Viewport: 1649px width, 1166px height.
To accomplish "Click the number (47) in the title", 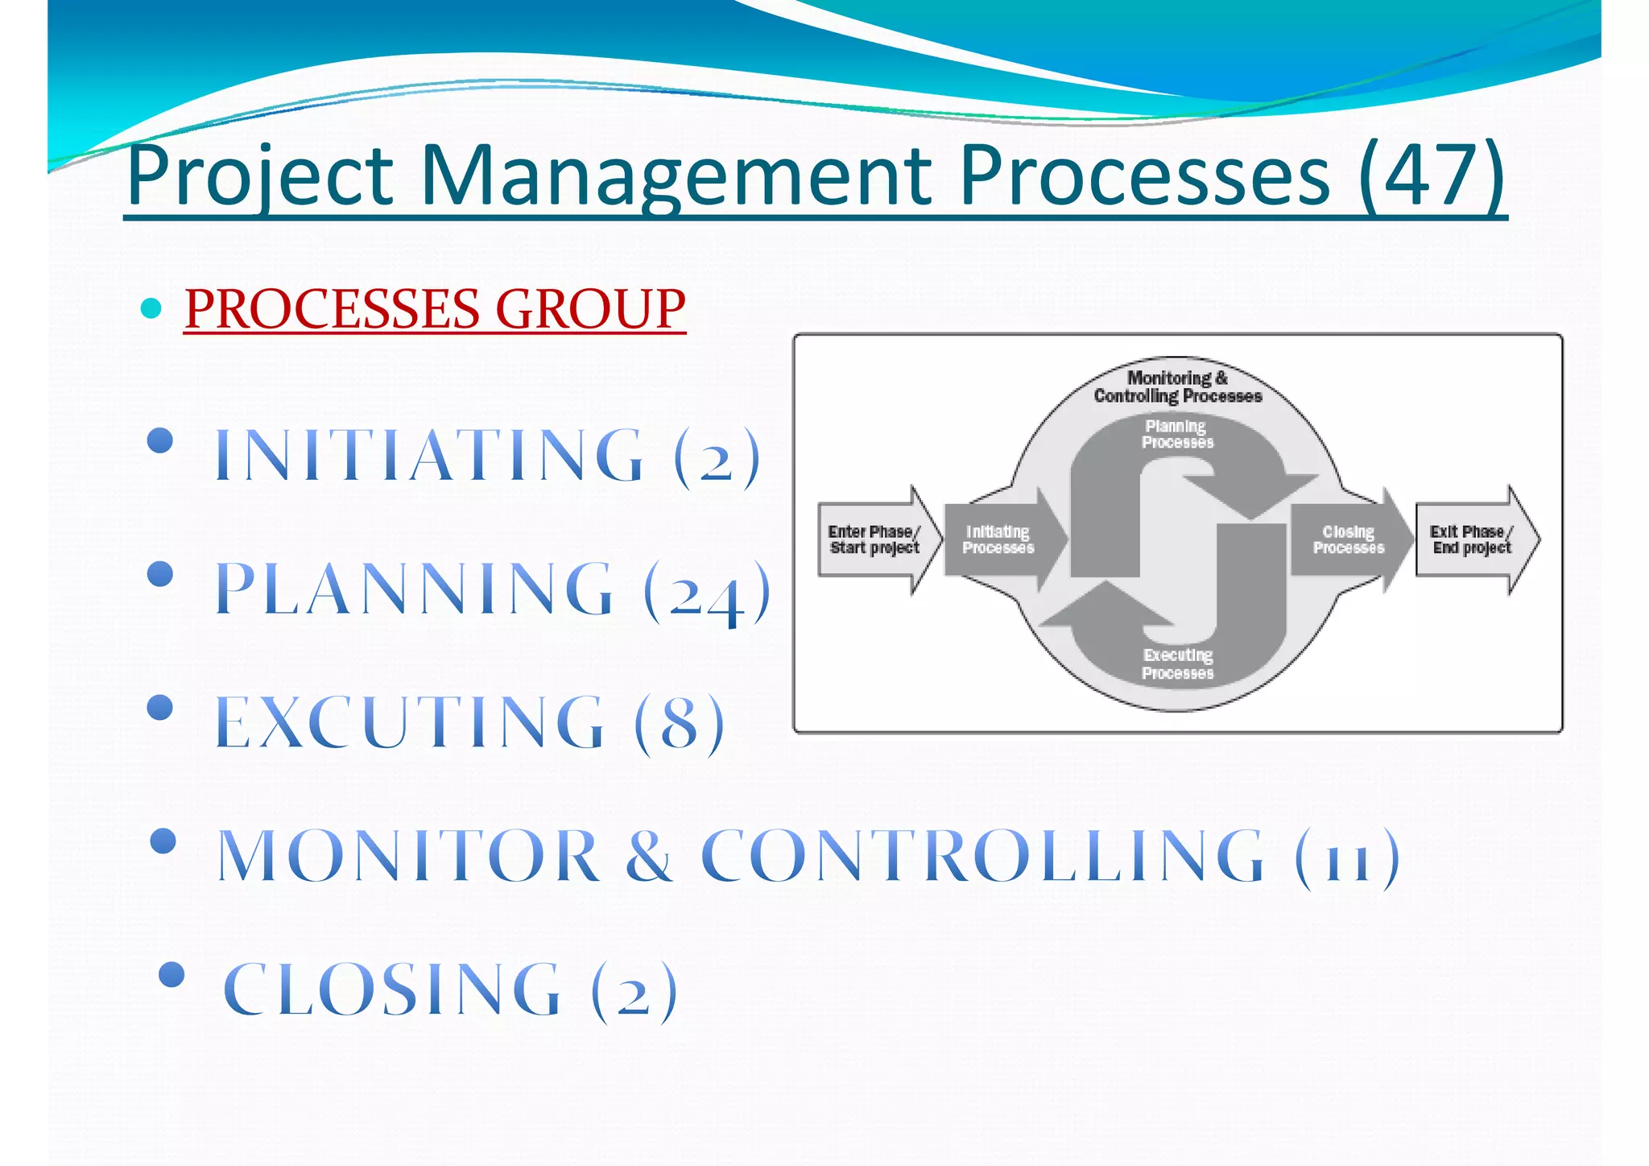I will tap(1431, 175).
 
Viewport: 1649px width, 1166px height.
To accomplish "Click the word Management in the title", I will tap(675, 175).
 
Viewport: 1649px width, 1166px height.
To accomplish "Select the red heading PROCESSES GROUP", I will tap(435, 308).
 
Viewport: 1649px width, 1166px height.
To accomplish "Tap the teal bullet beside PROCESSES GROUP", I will tap(151, 308).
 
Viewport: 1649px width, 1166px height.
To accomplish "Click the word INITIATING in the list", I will tap(430, 456).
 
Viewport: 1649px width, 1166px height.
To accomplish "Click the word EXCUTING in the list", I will tap(409, 722).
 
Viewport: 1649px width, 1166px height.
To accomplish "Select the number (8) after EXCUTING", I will tap(679, 722).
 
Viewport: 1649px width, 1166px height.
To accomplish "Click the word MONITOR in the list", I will tap(409, 855).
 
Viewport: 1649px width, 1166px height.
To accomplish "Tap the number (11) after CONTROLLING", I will tap(1347, 857).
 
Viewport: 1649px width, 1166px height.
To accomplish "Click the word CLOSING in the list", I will tap(391, 990).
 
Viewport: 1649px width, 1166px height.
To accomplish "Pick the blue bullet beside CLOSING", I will tap(172, 975).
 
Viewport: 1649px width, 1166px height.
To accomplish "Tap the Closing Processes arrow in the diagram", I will tap(1349, 540).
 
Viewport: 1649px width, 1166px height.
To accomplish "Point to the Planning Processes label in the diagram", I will tap(1176, 434).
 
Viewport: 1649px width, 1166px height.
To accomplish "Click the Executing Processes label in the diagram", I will tap(1177, 664).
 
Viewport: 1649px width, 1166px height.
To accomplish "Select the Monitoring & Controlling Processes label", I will tap(1177, 387).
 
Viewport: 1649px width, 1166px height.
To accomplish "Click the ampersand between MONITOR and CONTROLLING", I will tap(649, 855).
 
